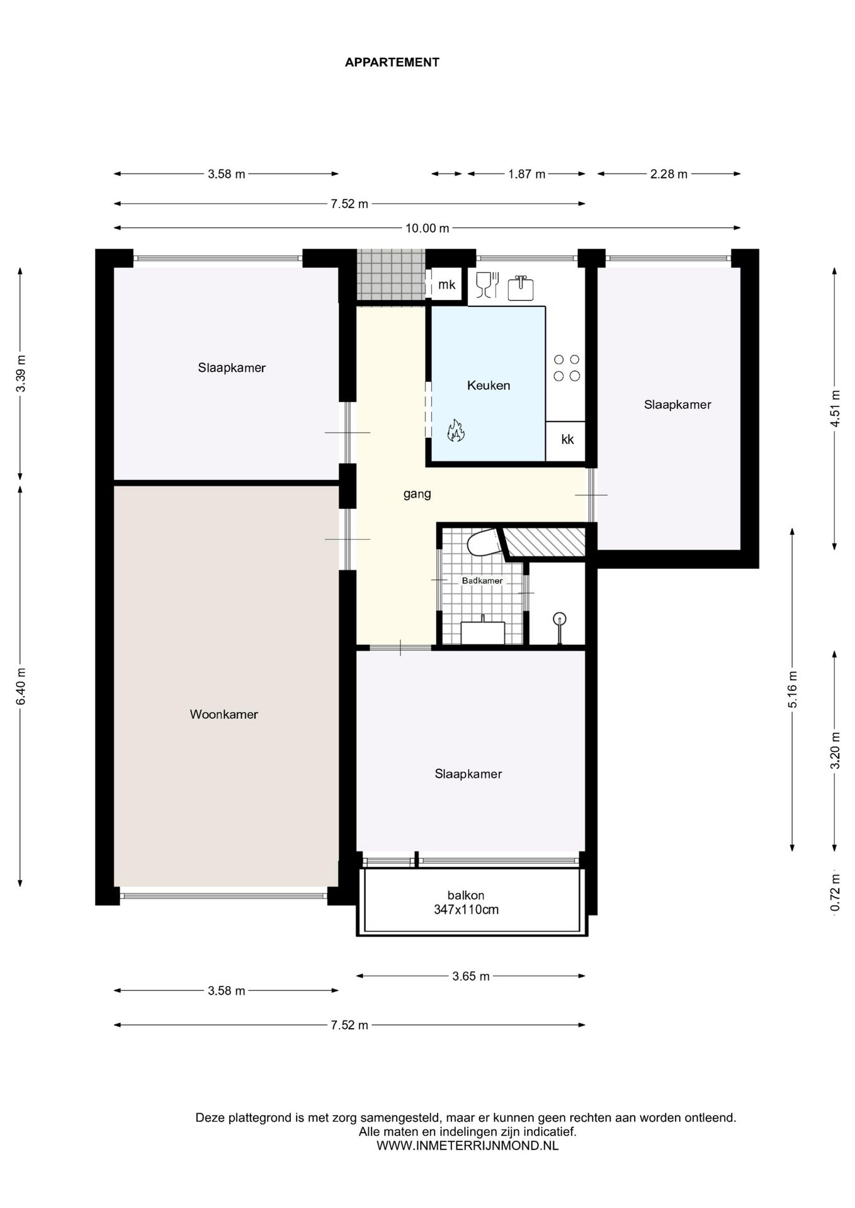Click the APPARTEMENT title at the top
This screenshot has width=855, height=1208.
(392, 62)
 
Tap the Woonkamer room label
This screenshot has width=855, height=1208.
(224, 714)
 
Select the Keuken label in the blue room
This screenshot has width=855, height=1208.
(488, 385)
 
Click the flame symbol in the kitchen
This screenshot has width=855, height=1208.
(456, 430)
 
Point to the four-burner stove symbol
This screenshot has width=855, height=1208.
(567, 367)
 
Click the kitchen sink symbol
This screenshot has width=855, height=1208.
(521, 288)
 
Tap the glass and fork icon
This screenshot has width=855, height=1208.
(487, 284)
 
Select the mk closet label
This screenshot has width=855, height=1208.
(446, 284)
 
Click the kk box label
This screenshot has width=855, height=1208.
(567, 439)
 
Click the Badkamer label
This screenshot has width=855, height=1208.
(482, 581)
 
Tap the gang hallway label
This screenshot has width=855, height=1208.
(417, 494)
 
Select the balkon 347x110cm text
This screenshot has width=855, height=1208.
(466, 902)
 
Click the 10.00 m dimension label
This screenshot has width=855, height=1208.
(427, 228)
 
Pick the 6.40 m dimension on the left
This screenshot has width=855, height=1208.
(21, 686)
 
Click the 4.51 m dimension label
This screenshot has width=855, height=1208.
(835, 408)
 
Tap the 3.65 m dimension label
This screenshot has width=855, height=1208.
(471, 976)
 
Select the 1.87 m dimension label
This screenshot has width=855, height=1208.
(527, 174)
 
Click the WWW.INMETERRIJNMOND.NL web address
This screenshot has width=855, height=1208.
(467, 1146)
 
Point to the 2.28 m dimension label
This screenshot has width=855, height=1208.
(669, 174)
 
